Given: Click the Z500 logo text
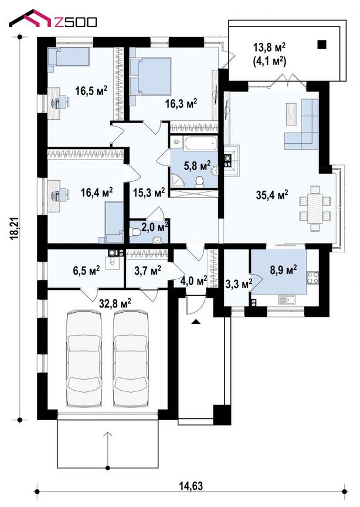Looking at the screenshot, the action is [x=76, y=22].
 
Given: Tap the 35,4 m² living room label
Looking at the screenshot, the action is [x=272, y=195].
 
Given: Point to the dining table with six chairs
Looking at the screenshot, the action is [x=315, y=208].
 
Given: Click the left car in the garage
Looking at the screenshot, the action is [x=83, y=359].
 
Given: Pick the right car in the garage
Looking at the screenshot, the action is [x=131, y=359].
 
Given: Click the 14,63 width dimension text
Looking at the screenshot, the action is [x=191, y=486].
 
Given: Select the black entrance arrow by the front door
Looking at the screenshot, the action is [x=196, y=322].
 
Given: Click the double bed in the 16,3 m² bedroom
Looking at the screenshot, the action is [x=151, y=76].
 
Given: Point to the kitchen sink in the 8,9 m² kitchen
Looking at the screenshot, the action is [x=287, y=300].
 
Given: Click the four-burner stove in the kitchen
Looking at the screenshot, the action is [x=313, y=277].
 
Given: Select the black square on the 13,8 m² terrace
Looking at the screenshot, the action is [x=321, y=44].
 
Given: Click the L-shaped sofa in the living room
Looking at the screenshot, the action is [x=302, y=124].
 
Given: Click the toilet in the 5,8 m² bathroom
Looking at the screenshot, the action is [x=200, y=182].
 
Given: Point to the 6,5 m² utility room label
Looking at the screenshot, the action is [x=86, y=270].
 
